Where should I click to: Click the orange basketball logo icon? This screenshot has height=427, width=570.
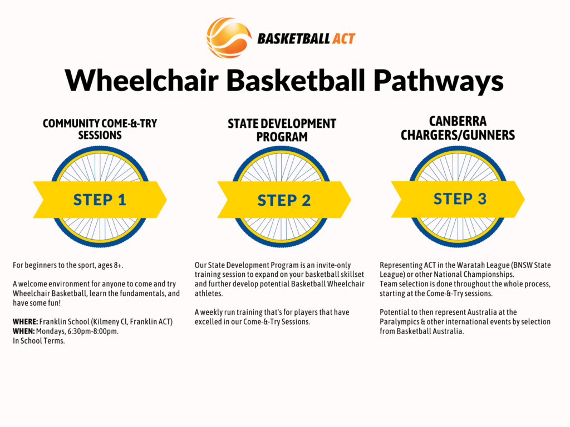pos(229,38)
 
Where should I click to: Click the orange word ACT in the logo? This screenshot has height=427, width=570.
pos(342,39)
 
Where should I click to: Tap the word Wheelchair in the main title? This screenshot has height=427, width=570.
pos(142,80)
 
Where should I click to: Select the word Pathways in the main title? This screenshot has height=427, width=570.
pos(439,81)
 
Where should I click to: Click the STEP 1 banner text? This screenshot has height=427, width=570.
pos(100,200)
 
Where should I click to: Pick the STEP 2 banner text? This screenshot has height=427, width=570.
pos(284,200)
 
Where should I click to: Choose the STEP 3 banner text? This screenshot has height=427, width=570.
pos(460,199)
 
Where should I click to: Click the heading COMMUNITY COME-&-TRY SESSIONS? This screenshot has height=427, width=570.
pos(100,129)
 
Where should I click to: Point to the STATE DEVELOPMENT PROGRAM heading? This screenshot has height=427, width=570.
pos(282,130)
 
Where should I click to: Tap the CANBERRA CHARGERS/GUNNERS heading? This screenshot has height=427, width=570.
pos(458,128)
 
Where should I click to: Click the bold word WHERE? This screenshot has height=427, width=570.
pos(25,322)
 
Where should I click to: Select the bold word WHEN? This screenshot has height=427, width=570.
pos(23,331)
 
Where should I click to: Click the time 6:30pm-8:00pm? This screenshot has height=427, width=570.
pos(93,331)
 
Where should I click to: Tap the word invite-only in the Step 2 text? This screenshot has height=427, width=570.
pos(333,265)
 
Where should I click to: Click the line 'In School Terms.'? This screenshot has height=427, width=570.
pos(39,341)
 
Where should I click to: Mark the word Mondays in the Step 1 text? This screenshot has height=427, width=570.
pos(51,331)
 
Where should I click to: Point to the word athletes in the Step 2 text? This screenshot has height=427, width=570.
pos(209,294)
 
